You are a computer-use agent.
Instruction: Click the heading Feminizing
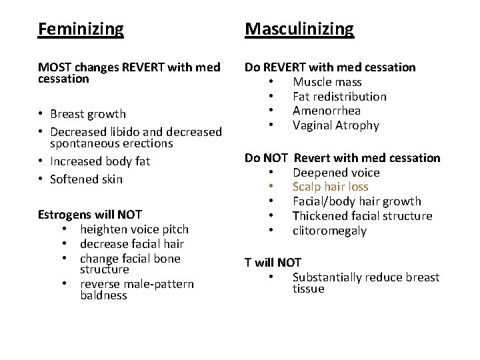pyautogui.click(x=81, y=29)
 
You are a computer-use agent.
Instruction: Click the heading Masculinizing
pyautogui.click(x=299, y=29)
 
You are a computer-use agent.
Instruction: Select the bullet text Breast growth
pyautogui.click(x=88, y=114)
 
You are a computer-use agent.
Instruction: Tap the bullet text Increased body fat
pyautogui.click(x=100, y=161)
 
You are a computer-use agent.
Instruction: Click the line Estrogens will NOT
pyautogui.click(x=89, y=215)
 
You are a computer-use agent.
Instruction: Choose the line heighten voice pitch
pyautogui.click(x=134, y=229)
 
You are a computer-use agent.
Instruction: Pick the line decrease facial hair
pyautogui.click(x=131, y=244)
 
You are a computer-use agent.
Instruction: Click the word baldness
pyautogui.click(x=103, y=295)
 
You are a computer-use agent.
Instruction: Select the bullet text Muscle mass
pyautogui.click(x=327, y=82)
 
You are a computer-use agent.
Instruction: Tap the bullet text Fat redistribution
pyautogui.click(x=339, y=97)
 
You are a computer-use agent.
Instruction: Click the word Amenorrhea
pyautogui.click(x=326, y=111)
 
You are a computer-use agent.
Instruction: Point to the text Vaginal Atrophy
pyautogui.click(x=335, y=125)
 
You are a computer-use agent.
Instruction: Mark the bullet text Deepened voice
pyautogui.click(x=336, y=173)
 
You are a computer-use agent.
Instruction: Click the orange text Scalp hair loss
pyautogui.click(x=330, y=187)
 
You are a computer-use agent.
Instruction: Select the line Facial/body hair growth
pyautogui.click(x=357, y=201)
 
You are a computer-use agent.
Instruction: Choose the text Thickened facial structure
pyautogui.click(x=362, y=216)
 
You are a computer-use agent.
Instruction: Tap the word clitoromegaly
pyautogui.click(x=329, y=231)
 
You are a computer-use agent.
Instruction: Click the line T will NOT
pyautogui.click(x=273, y=263)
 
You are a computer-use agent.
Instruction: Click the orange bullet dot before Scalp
pyautogui.click(x=271, y=187)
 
